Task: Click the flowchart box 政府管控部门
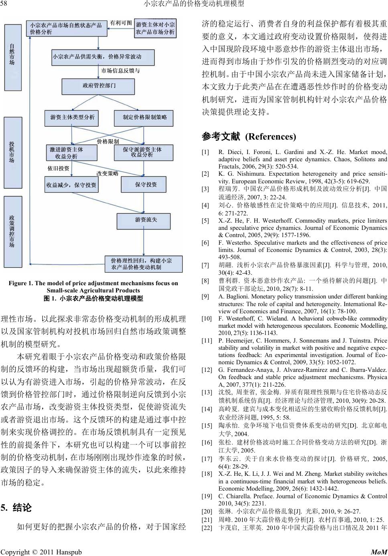pos(99,86)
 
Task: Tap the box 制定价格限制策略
pos(145,117)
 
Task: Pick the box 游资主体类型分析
pos(73,117)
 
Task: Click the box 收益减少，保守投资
pos(71,185)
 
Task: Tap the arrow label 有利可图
pos(121,23)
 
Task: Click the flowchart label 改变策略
pos(107,173)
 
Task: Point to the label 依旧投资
pos(59,168)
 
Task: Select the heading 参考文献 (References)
pos(249,137)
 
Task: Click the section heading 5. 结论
pos(16,508)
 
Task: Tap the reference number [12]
pos(206,370)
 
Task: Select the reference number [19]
pos(206,496)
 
